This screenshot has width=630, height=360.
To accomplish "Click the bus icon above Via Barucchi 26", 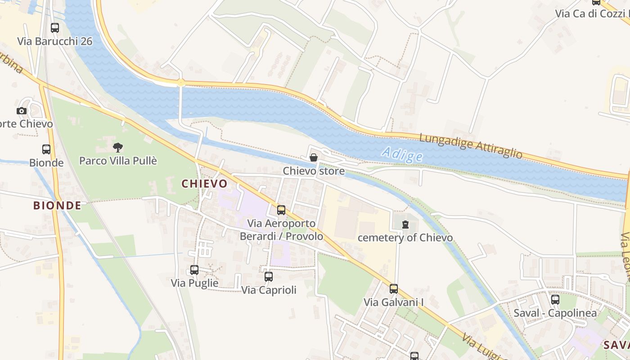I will point(55,28).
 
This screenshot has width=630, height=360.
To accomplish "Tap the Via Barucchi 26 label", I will point(54,41).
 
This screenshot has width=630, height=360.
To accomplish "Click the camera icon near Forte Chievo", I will point(21,111).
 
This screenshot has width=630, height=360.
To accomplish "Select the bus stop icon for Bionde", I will point(46,149).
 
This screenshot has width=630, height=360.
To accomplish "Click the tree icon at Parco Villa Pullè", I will point(118,147).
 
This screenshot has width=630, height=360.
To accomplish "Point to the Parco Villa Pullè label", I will point(118,161).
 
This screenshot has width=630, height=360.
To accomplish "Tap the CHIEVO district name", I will point(204,184).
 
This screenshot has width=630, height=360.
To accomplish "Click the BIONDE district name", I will point(57,206).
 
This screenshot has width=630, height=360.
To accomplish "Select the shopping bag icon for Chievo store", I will point(314,157).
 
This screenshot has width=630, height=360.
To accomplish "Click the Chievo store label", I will point(314,171).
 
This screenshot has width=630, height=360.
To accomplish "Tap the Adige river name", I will point(402,155).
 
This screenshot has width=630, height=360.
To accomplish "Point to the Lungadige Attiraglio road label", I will point(471,146).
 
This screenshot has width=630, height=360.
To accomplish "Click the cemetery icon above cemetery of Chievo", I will point(405,224).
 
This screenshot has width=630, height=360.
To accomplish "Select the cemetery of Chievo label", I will point(405,238).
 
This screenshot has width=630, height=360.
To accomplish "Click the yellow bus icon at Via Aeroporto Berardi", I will point(281,210).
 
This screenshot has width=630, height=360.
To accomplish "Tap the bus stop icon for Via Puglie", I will point(194,270).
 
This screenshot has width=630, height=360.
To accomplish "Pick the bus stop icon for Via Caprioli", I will point(269,277).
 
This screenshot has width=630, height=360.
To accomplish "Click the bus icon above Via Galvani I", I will point(394,289).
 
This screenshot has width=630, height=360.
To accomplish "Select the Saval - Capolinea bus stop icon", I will point(555,299).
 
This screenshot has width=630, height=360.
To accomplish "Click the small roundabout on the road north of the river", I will point(181,82).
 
